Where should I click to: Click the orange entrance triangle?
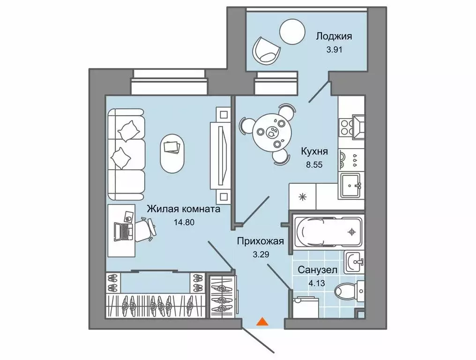coord(263,322)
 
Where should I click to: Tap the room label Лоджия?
coord(334,36)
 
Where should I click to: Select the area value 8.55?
coord(314,165)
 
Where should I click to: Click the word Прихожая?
coord(260,241)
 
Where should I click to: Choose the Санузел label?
coord(315,270)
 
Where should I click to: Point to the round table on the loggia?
coord(293,31)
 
